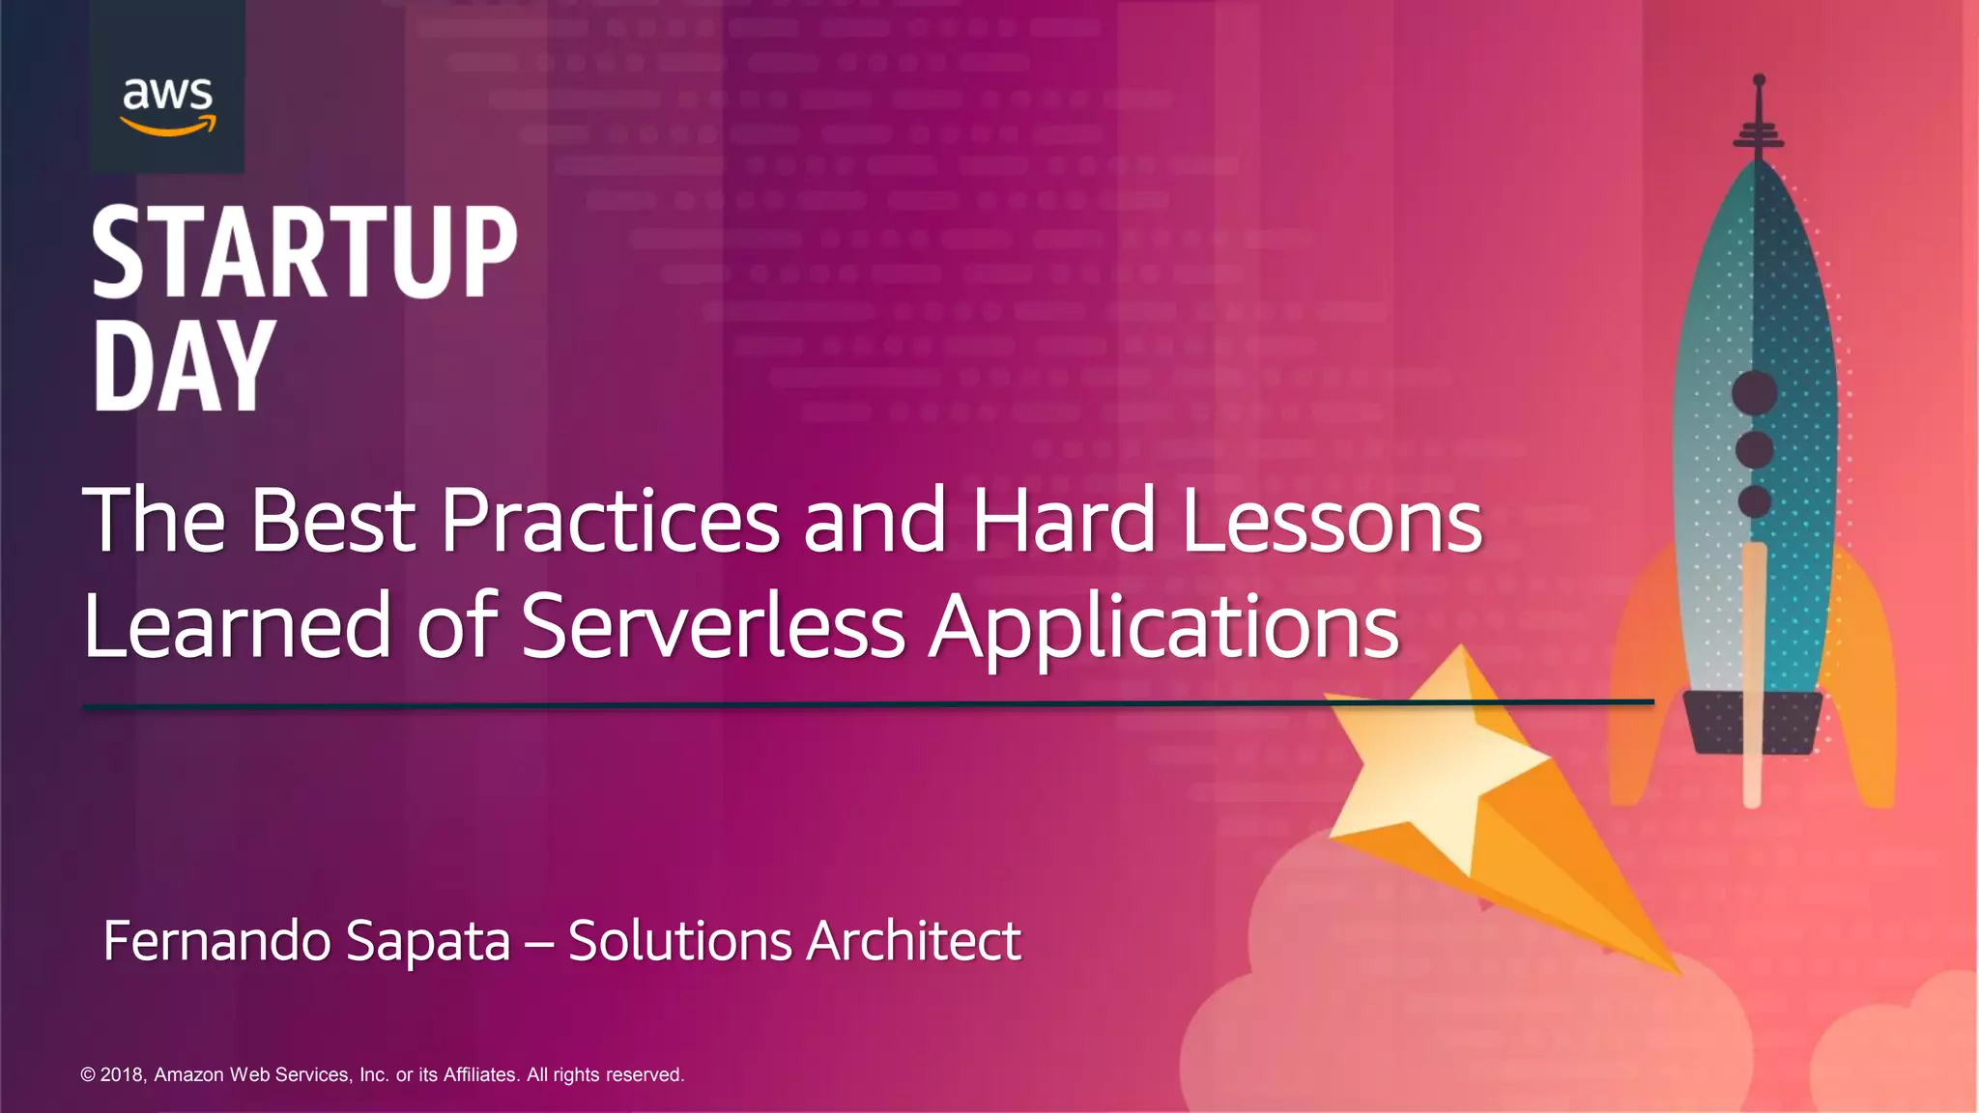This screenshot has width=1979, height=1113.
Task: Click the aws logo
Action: point(167,104)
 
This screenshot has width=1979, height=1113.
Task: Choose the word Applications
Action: point(1163,628)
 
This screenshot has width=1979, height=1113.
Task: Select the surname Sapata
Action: point(427,942)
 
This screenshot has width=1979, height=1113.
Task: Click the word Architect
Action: point(913,940)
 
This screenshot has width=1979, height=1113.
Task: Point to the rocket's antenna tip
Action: point(1759,80)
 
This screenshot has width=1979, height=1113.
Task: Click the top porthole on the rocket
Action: point(1755,392)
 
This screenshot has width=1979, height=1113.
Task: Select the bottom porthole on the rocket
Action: point(1755,500)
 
